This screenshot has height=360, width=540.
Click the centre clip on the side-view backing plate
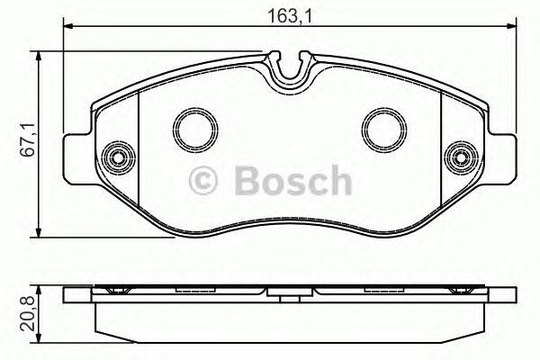[289, 292]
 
